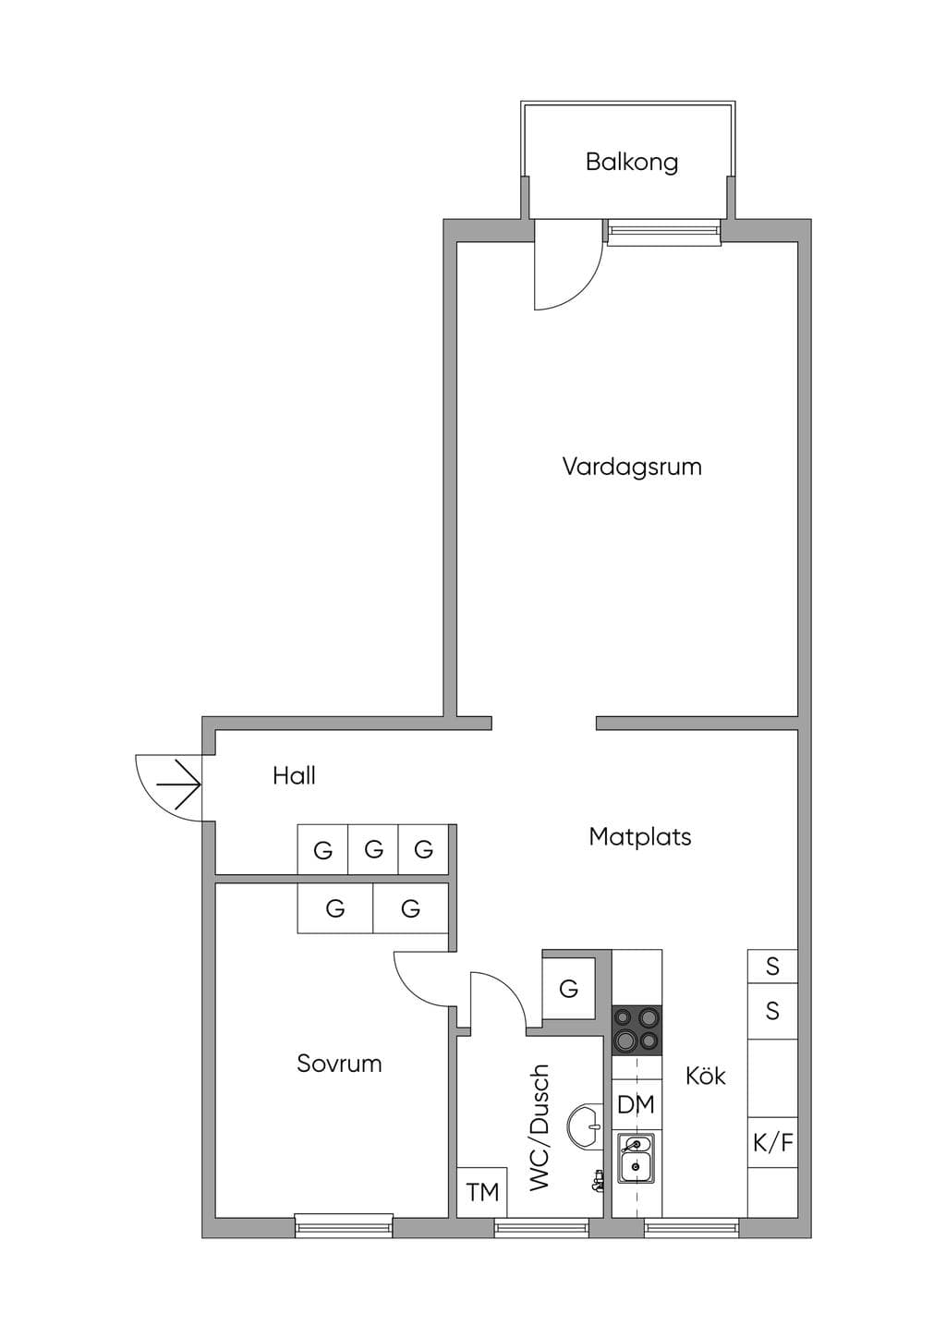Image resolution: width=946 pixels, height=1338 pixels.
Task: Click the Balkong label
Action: coord(632,163)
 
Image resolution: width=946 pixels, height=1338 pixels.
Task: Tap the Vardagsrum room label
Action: coord(632,467)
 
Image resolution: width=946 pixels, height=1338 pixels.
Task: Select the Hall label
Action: coord(294,776)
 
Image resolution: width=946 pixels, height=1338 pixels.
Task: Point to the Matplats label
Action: coord(639,837)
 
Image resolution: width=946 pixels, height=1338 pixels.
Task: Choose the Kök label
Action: coord(705,1076)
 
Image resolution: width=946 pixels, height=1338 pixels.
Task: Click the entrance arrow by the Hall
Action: coord(177,783)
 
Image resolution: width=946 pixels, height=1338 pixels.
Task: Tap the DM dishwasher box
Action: coord(637,1104)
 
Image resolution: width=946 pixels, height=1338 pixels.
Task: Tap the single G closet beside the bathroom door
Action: coord(568,989)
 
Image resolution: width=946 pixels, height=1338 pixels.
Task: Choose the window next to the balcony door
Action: coord(664,232)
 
